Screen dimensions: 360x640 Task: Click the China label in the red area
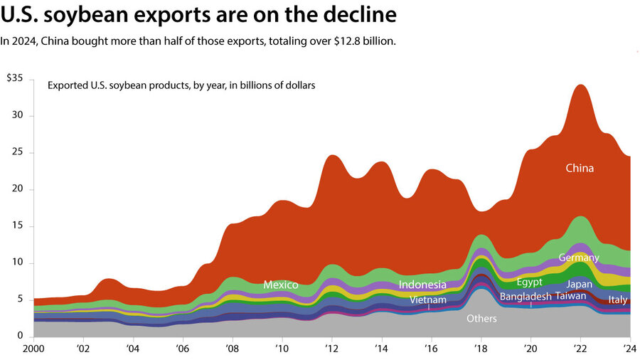(580, 169)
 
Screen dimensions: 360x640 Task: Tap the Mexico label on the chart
(280, 285)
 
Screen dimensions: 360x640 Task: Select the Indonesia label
(422, 285)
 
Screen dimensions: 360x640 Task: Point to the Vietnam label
(428, 300)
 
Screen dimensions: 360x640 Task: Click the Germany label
(579, 258)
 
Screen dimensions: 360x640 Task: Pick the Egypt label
(529, 282)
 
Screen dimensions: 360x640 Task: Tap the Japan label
(580, 284)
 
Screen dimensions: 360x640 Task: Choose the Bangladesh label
(526, 296)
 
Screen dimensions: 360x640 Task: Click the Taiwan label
(571, 296)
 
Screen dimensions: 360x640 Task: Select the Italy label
(618, 300)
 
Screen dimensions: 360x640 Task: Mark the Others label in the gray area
(481, 319)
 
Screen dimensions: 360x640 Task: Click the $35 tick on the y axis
(16, 78)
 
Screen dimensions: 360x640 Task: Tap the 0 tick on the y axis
(21, 337)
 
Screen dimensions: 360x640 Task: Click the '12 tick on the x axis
(331, 349)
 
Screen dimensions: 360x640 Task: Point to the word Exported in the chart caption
(68, 85)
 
